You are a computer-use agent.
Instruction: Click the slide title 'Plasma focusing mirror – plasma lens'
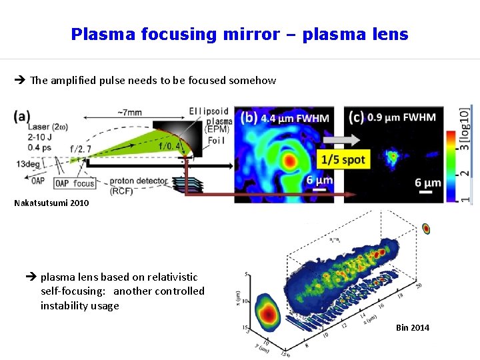[x=239, y=34]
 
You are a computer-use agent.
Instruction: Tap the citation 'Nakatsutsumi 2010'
[x=51, y=203]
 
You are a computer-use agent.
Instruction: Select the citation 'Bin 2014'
[x=413, y=327]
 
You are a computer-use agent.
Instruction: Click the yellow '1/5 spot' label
[x=343, y=160]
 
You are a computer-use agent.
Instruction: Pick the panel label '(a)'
[x=22, y=115]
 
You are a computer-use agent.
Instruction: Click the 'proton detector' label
[x=139, y=181]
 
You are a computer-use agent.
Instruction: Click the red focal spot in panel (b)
[x=290, y=161]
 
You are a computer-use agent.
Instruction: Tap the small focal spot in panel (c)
[x=392, y=157]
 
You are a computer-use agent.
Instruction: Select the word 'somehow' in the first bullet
[x=252, y=81]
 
